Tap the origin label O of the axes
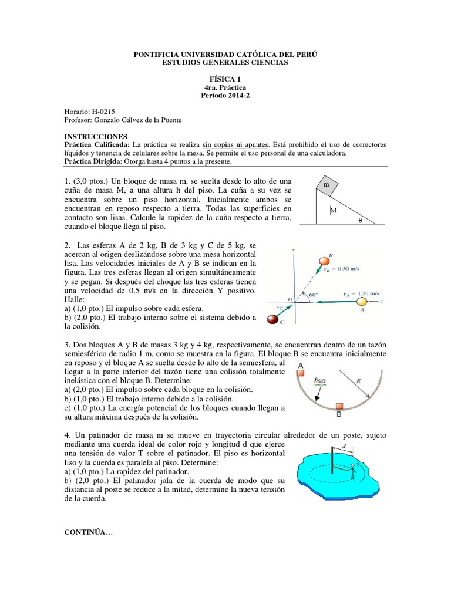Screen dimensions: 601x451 tap(290, 298)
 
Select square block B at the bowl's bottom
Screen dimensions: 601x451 tap(339, 406)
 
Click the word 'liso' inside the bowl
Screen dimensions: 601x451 tap(320, 380)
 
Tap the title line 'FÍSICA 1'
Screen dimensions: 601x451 tap(225, 77)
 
